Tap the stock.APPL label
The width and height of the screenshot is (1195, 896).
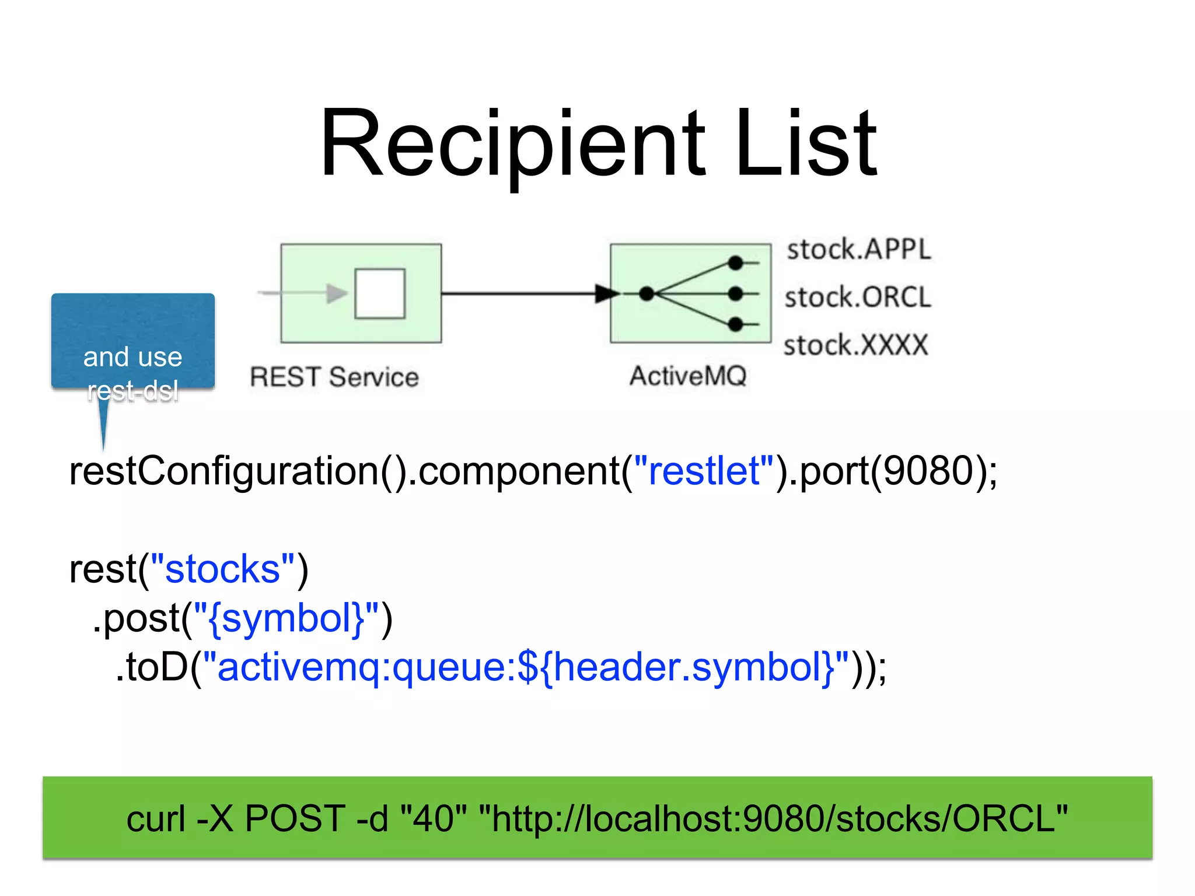point(858,250)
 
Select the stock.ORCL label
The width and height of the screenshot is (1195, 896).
point(858,297)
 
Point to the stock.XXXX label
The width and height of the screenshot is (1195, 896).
point(855,345)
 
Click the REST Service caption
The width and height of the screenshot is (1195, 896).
point(334,377)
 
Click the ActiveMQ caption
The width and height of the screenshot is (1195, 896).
point(688,376)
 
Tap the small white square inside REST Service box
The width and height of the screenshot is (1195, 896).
point(380,293)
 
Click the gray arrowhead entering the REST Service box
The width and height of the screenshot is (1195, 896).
point(337,293)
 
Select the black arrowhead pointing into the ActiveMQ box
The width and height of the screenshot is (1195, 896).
point(607,293)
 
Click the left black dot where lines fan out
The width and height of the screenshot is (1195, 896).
point(647,293)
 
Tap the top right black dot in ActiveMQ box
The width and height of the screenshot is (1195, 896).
point(736,263)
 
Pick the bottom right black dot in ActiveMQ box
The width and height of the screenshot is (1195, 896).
point(736,324)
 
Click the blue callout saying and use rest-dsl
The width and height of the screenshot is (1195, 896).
point(133,341)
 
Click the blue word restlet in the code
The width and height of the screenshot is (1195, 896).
point(704,471)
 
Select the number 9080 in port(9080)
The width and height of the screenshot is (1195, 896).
point(928,471)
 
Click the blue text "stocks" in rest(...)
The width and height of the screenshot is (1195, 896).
point(222,569)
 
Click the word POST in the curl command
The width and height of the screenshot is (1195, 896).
point(295,818)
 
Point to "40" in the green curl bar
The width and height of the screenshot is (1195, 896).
point(434,818)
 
